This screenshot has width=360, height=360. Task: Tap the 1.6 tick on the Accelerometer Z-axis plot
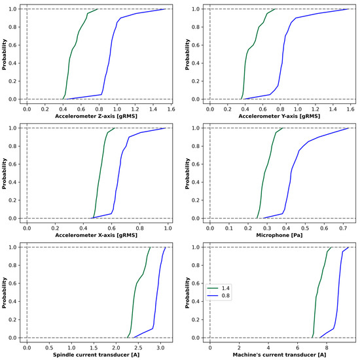pyautogui.click(x=171, y=107)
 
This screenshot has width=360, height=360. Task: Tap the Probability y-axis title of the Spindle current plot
pyautogui.click(x=5, y=292)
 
